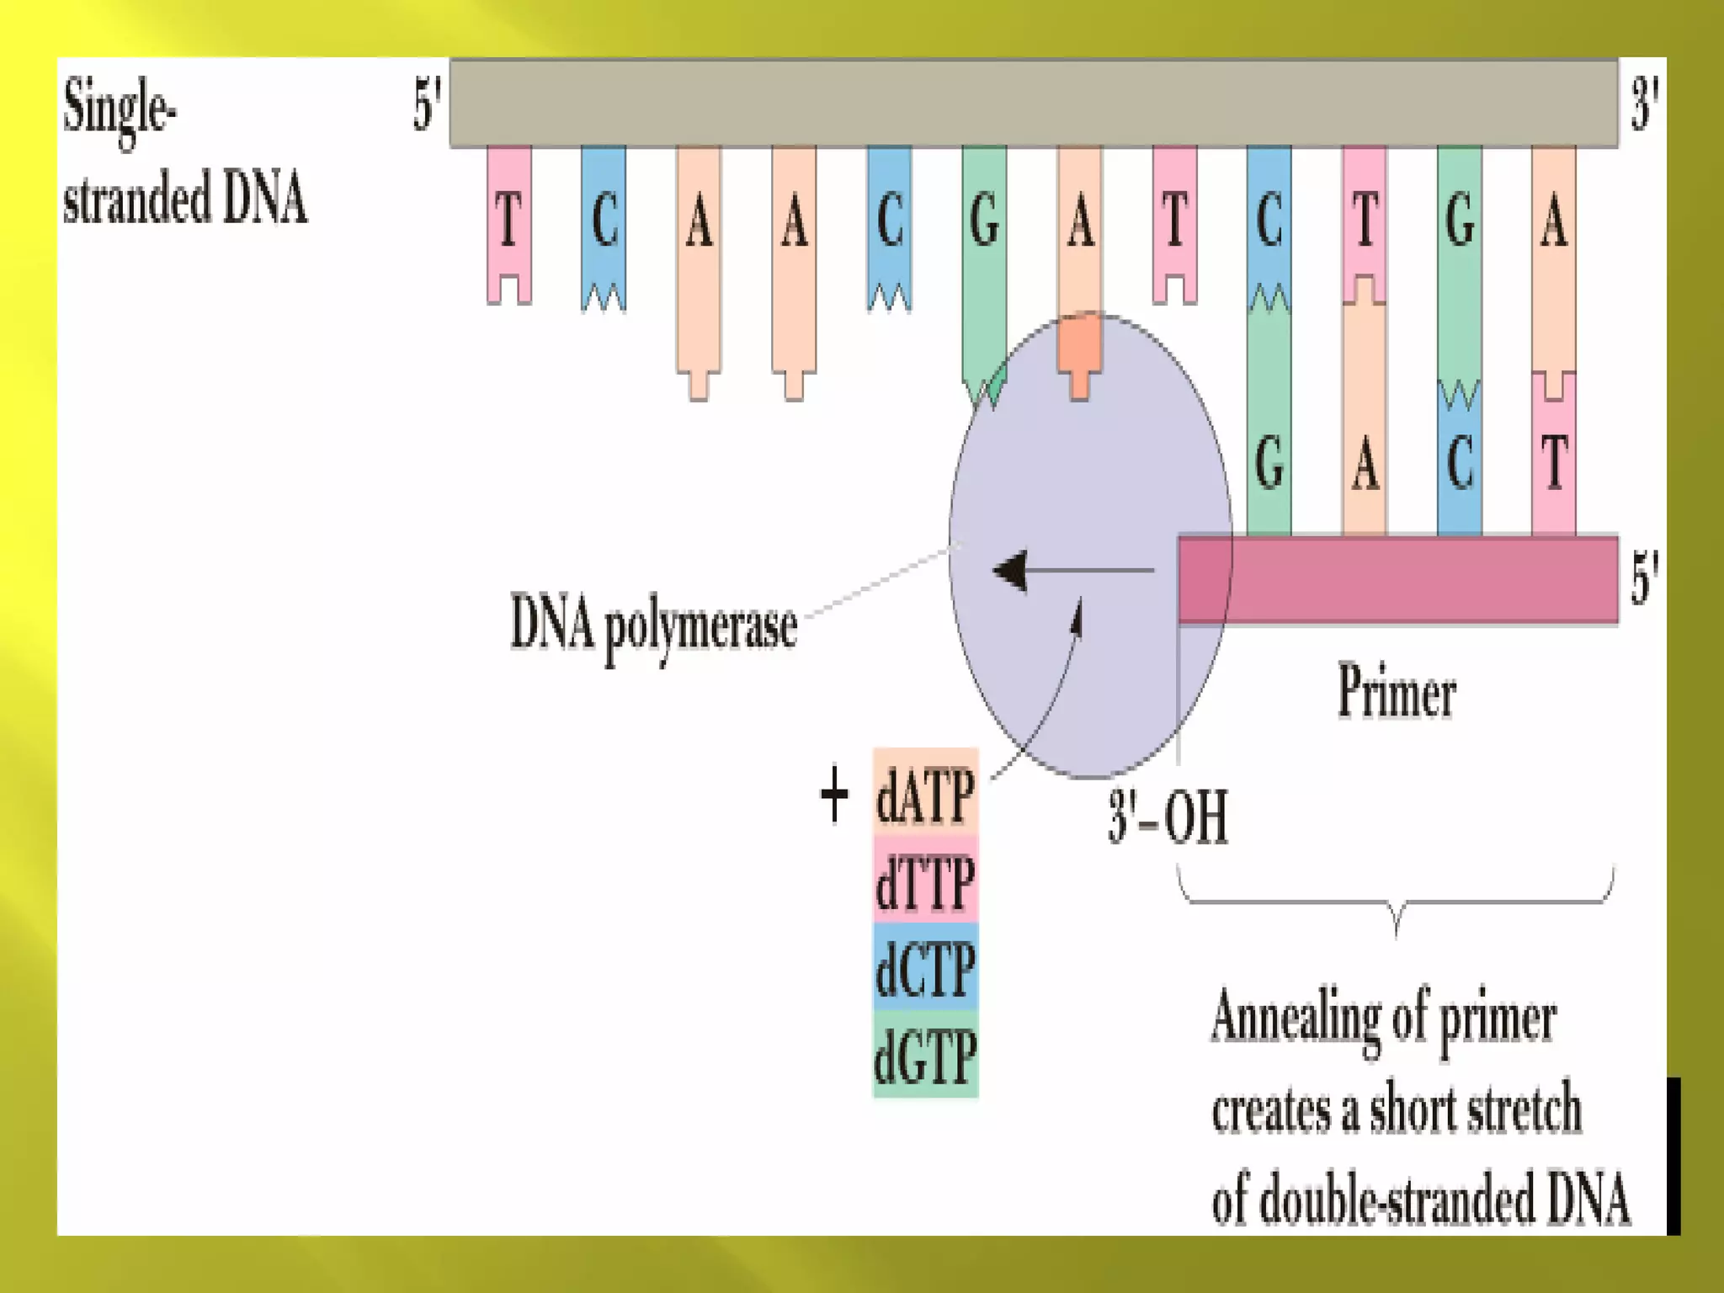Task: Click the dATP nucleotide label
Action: [x=925, y=794]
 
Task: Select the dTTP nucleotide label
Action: [x=925, y=881]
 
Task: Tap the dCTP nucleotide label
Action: [x=925, y=969]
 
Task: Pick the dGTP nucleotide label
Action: [x=925, y=1056]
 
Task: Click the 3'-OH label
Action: [x=1168, y=817]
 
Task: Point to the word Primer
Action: [x=1397, y=691]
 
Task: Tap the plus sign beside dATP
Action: [x=833, y=794]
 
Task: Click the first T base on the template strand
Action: [x=508, y=220]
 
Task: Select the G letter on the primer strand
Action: [x=1269, y=463]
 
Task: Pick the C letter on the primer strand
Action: [x=1460, y=463]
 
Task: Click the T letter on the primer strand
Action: [x=1554, y=463]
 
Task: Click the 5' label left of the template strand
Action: [x=427, y=105]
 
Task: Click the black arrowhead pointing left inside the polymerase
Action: [x=1011, y=571]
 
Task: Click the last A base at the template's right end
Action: [x=1554, y=221]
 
